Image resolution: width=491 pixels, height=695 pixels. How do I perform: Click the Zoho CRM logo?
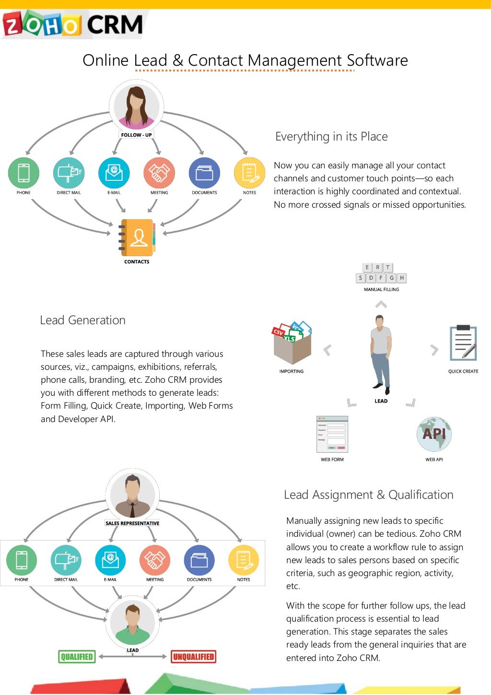click(x=73, y=24)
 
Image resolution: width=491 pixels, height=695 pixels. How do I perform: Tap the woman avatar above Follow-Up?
click(x=137, y=106)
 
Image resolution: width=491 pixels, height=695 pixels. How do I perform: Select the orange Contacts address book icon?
click(x=138, y=237)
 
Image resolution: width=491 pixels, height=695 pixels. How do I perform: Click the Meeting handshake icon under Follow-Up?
click(x=159, y=173)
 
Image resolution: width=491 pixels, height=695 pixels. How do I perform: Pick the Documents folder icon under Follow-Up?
click(x=204, y=173)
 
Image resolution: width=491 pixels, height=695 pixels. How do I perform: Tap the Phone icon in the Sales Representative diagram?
click(x=22, y=560)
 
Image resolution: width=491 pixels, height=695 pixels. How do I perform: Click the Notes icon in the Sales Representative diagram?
click(x=244, y=560)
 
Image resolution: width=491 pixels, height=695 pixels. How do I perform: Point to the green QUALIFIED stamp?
click(x=77, y=657)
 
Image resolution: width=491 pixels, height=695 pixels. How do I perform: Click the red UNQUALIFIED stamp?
click(x=193, y=657)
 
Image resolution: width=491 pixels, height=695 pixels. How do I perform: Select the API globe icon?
click(x=434, y=434)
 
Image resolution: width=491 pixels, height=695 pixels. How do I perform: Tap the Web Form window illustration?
click(x=332, y=434)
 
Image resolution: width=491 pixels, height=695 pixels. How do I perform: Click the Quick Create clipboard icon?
click(x=463, y=343)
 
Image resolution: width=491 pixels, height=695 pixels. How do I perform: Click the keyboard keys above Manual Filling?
click(x=381, y=273)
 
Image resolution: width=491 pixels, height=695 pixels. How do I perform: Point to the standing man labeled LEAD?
click(x=381, y=352)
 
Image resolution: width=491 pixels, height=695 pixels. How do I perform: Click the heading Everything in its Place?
click(x=331, y=137)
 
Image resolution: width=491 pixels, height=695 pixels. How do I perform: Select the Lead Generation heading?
click(x=82, y=320)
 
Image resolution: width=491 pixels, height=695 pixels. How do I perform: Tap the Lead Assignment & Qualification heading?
click(x=368, y=495)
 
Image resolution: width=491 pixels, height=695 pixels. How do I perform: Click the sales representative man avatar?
click(x=132, y=496)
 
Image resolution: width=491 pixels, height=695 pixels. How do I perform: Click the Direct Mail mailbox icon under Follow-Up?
click(x=69, y=173)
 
